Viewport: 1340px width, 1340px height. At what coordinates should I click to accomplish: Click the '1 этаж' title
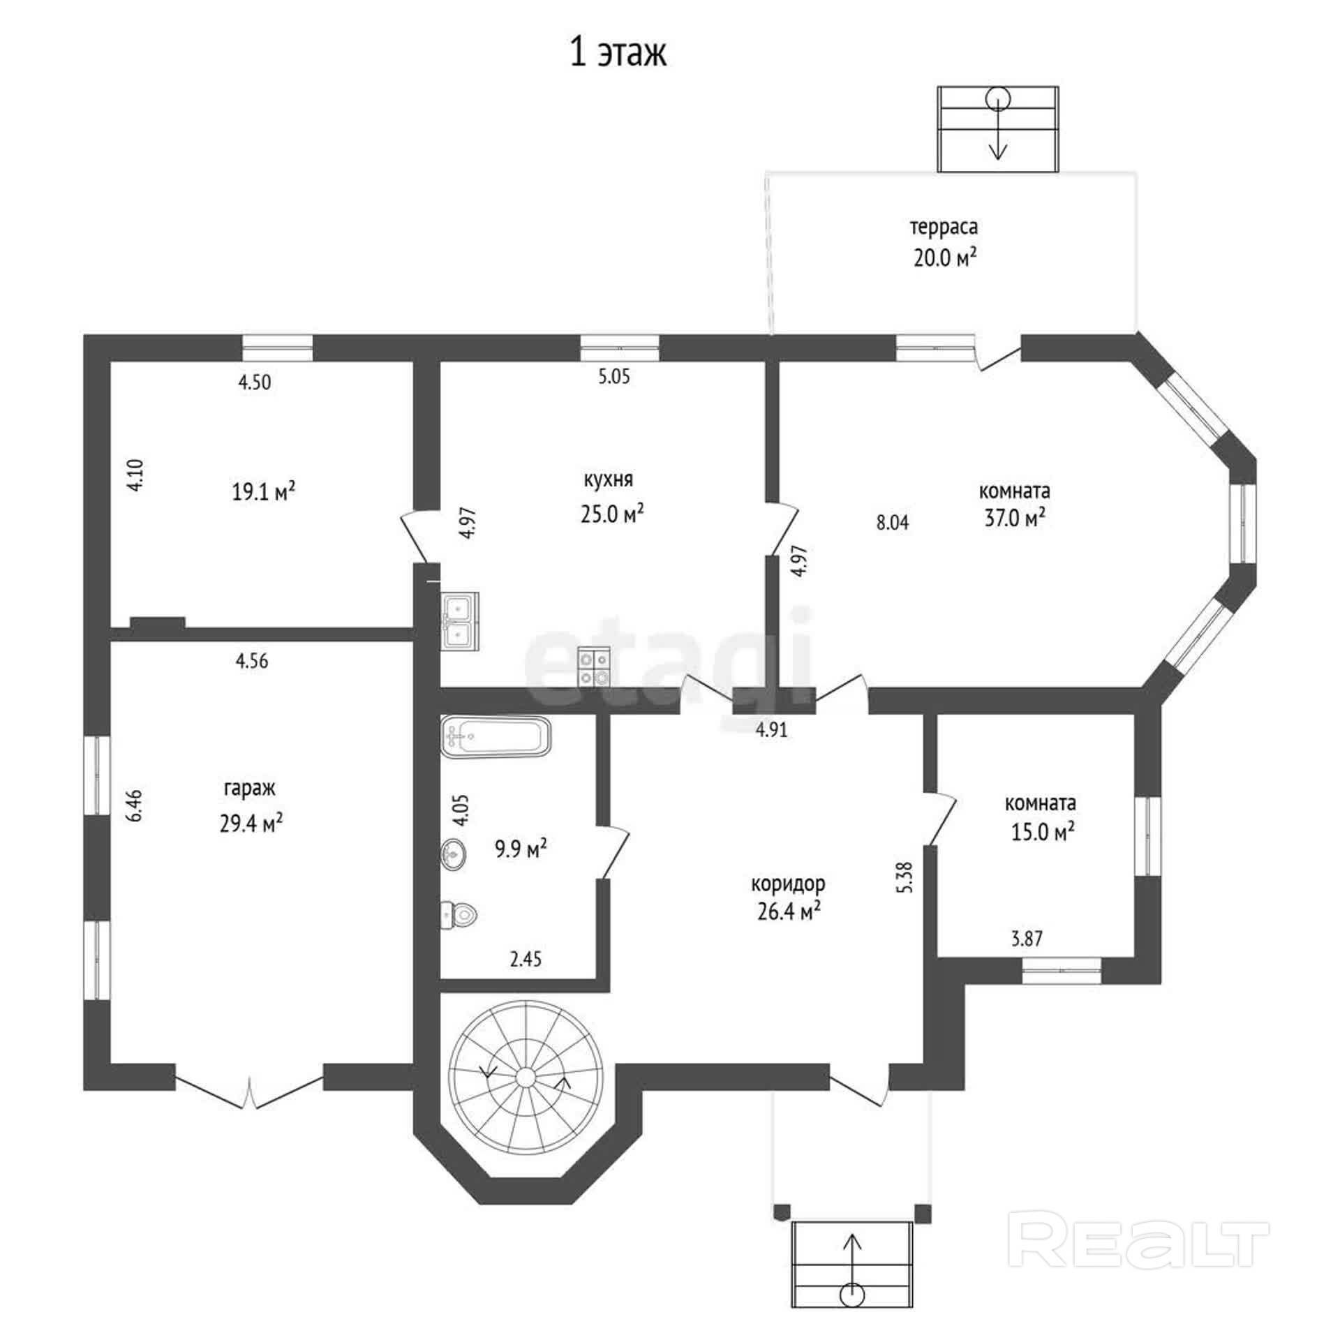tap(618, 53)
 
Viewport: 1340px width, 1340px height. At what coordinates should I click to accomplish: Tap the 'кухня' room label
tap(609, 480)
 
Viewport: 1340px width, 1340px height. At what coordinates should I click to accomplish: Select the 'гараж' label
tap(250, 789)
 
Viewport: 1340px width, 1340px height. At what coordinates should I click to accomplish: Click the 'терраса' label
tap(944, 228)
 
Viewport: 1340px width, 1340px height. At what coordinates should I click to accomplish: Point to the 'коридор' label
tap(788, 884)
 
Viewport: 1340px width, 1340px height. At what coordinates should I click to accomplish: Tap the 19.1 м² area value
tap(263, 492)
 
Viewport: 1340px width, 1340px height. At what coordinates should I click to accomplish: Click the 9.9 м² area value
tap(521, 849)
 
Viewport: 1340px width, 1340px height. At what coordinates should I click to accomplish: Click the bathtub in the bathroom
tap(496, 736)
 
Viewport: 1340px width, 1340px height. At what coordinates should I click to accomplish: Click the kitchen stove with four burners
tap(594, 668)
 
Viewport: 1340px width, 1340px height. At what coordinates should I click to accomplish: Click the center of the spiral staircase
tap(525, 1077)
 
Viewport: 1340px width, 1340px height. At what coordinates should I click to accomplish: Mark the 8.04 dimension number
tap(893, 523)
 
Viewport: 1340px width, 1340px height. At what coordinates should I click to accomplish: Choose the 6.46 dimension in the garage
tap(135, 805)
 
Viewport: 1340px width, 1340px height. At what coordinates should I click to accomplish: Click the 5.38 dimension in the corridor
tap(906, 877)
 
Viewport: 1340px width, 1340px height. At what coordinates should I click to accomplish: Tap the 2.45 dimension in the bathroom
tap(526, 959)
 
